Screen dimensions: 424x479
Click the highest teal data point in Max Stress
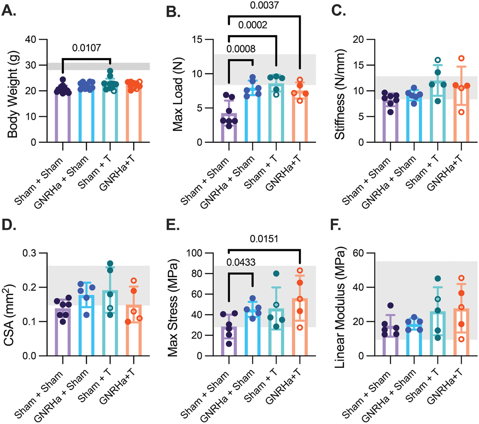pyautogui.click(x=276, y=274)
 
